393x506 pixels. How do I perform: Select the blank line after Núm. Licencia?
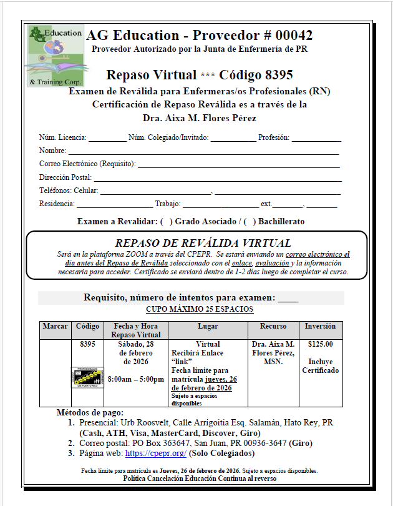coord(107,138)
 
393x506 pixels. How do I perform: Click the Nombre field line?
coord(203,151)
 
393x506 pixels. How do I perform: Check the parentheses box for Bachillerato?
coord(250,221)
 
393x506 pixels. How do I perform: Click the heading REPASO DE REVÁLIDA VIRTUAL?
coord(203,243)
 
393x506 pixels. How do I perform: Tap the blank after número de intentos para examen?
coord(288,297)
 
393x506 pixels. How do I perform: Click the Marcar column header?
coord(56,327)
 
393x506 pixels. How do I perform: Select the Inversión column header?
coord(320,327)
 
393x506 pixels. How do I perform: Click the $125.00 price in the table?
coord(320,344)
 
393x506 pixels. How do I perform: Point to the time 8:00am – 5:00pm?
coord(136,379)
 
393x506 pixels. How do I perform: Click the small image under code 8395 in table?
coord(87,377)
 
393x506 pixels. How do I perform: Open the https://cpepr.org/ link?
coord(155,453)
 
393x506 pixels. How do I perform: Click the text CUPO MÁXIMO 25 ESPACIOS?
coord(199,310)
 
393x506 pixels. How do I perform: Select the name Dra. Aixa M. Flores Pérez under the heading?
coord(196,118)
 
